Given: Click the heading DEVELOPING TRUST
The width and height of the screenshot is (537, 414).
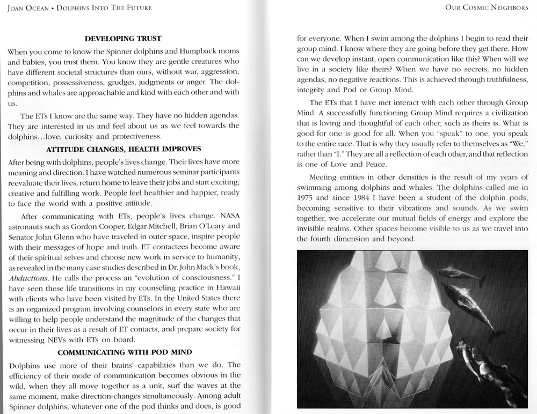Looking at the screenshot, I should tap(123, 38).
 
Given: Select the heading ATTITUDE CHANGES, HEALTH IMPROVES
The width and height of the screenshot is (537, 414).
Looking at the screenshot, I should tap(124, 148).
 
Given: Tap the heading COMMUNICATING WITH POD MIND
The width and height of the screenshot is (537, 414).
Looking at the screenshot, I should tap(123, 352).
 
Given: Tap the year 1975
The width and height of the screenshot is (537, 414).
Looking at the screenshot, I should tap(307, 197).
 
